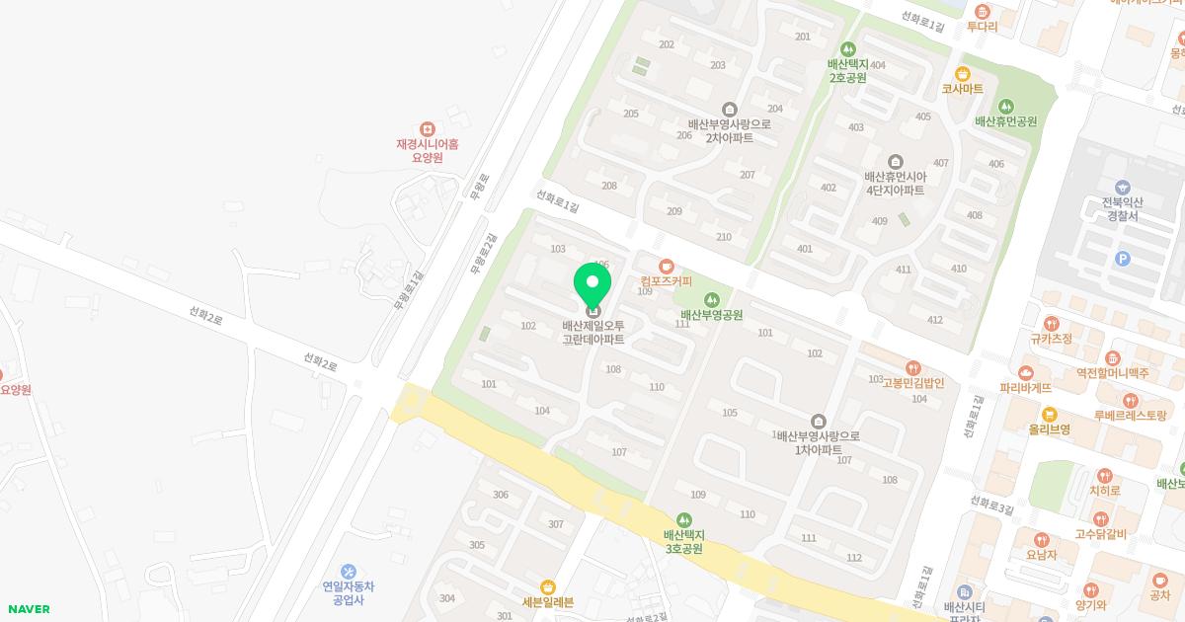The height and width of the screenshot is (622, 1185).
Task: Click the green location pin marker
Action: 592,285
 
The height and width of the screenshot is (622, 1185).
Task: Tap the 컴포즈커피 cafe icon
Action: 667,266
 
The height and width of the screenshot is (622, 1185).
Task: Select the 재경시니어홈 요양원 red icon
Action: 427,129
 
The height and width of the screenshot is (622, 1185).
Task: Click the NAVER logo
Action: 29,609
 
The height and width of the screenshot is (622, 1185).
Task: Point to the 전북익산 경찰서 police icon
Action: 1121,188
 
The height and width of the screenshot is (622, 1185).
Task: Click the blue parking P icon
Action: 1122,259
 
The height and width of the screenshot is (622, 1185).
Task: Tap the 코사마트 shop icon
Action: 962,74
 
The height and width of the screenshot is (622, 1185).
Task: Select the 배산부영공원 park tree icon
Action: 711,300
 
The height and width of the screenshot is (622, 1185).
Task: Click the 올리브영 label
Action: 1050,429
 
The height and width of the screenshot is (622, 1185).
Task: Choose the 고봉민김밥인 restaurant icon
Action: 912,367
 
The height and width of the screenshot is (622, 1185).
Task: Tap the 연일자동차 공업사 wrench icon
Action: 348,571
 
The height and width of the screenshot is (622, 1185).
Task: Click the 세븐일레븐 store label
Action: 548,602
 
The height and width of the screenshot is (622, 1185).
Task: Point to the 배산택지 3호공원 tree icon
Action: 683,520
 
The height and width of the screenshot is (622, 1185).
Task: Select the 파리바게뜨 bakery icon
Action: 1026,373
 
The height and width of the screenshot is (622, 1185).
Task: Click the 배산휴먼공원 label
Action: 1005,121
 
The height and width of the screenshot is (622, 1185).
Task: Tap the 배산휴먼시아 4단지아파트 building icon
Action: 895,161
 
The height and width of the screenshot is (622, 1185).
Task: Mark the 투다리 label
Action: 982,27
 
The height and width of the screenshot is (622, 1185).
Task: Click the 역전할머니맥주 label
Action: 1113,373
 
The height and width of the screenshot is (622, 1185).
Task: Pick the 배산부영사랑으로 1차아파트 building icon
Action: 818,421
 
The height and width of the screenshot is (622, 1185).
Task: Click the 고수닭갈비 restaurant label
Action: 1100,535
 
